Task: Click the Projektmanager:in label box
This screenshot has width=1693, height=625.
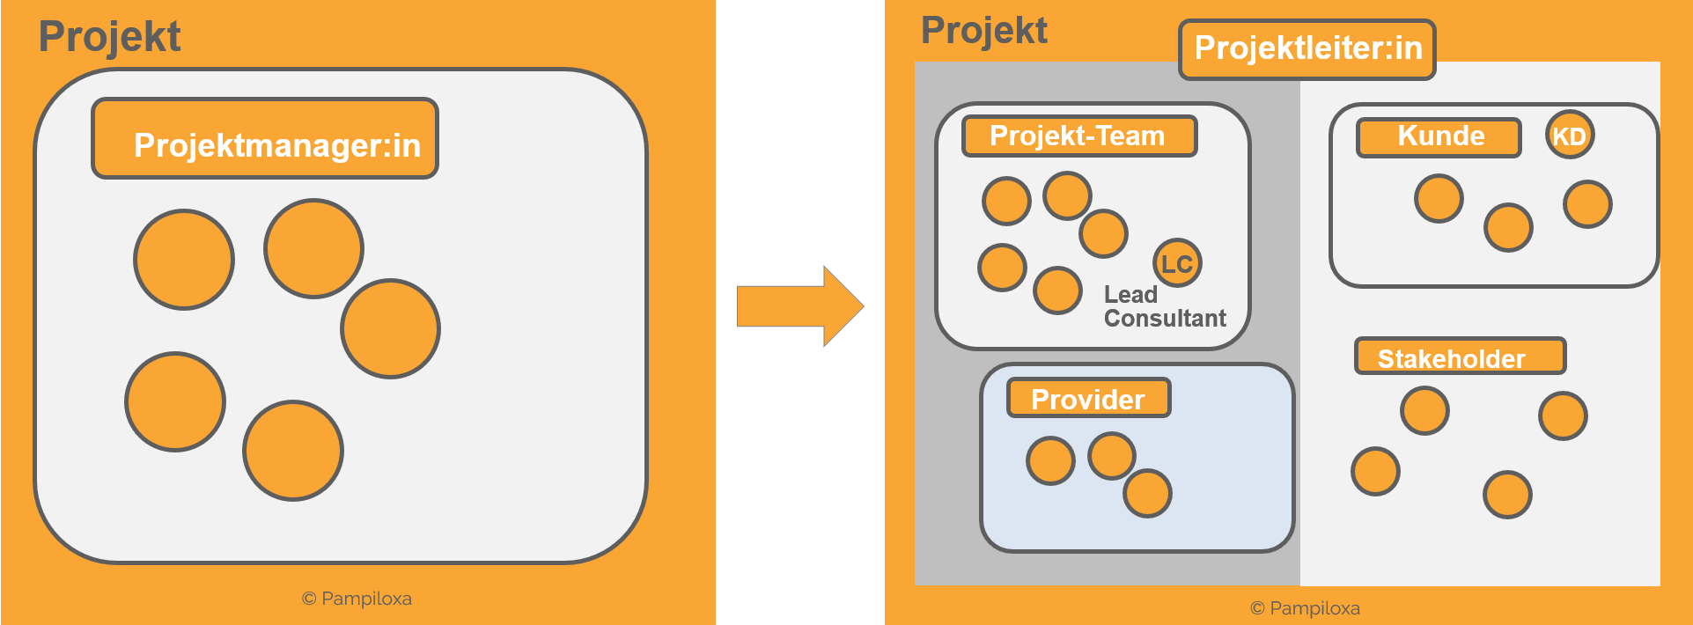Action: pyautogui.click(x=265, y=139)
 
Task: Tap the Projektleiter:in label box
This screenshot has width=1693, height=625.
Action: pyautogui.click(x=1307, y=49)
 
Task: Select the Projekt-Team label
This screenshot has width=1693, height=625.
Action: pyautogui.click(x=1078, y=136)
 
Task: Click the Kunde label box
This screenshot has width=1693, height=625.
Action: pyautogui.click(x=1439, y=137)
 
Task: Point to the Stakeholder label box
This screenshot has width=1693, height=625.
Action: pyautogui.click(x=1459, y=357)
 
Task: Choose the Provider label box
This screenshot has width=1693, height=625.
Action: pyautogui.click(x=1088, y=398)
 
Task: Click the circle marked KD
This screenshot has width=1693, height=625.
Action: pyautogui.click(x=1570, y=136)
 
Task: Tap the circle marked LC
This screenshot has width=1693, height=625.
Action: pyautogui.click(x=1177, y=263)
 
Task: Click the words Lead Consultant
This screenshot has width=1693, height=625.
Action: pyautogui.click(x=1164, y=306)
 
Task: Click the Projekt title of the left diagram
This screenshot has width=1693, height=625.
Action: pyautogui.click(x=109, y=37)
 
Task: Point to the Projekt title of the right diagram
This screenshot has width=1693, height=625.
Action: pyautogui.click(x=983, y=31)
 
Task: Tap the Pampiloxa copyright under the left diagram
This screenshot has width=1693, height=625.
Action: pyautogui.click(x=357, y=599)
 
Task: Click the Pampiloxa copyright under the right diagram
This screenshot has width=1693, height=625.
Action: pyautogui.click(x=1305, y=608)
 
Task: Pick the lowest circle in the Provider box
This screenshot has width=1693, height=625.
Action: pyautogui.click(x=1147, y=493)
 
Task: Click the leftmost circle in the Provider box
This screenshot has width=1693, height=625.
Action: pyautogui.click(x=1050, y=461)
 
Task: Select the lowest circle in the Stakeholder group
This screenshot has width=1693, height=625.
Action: pyautogui.click(x=1507, y=495)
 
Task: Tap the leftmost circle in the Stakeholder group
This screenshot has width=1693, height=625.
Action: pyautogui.click(x=1375, y=472)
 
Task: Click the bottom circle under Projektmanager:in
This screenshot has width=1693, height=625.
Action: pyautogui.click(x=293, y=451)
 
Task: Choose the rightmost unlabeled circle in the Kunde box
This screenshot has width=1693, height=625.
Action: pyautogui.click(x=1587, y=204)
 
